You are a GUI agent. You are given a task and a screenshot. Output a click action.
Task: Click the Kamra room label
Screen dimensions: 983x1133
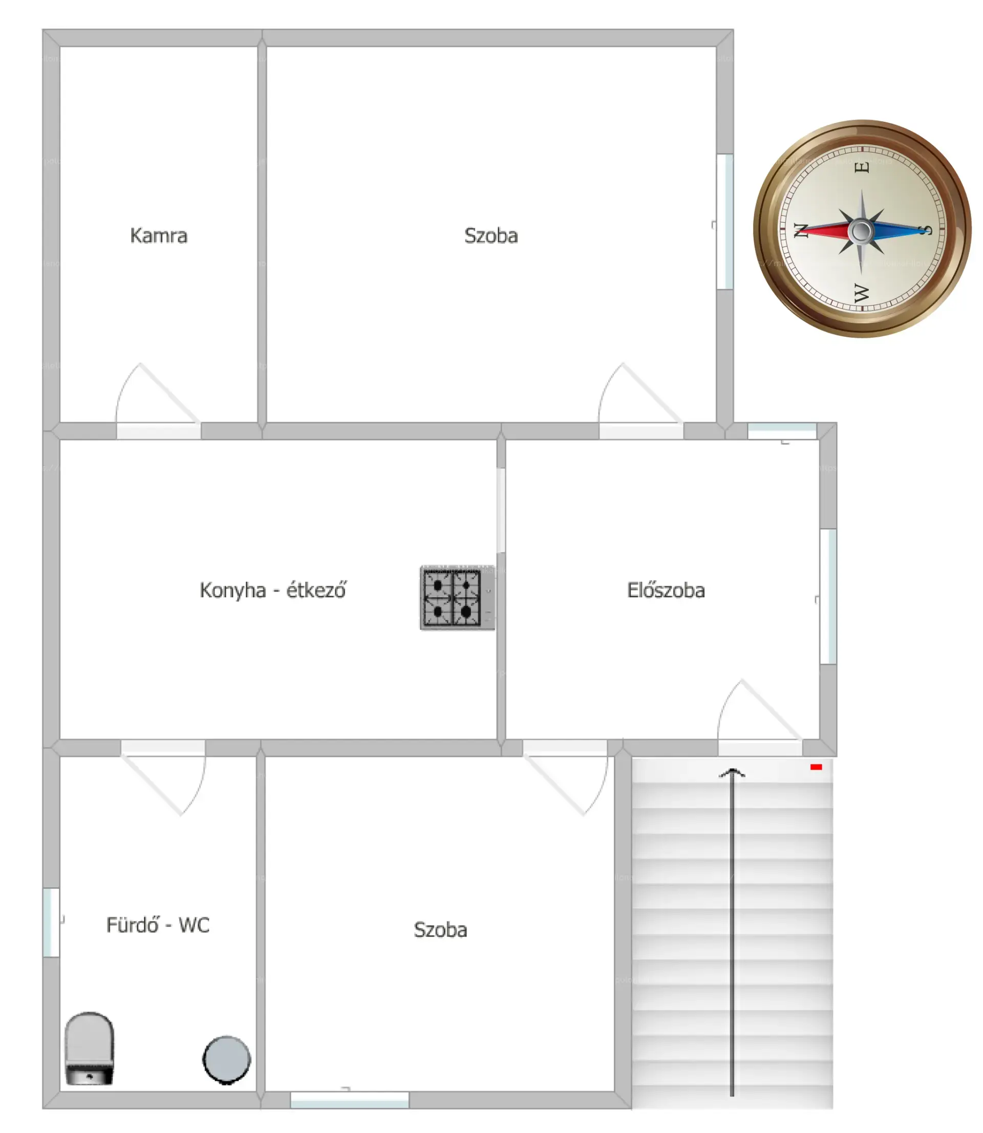click(x=159, y=236)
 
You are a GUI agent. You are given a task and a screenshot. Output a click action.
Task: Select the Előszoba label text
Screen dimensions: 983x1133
click(x=666, y=590)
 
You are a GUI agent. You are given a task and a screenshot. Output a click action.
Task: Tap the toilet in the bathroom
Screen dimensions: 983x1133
click(x=90, y=1048)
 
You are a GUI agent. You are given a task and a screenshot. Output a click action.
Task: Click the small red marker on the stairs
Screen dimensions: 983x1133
click(x=816, y=767)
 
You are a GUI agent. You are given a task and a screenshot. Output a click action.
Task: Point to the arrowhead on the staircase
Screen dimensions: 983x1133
click(x=732, y=773)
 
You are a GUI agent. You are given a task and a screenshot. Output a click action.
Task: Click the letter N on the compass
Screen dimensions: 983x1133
click(x=801, y=230)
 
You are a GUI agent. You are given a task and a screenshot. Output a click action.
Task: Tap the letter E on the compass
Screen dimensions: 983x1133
click(x=862, y=167)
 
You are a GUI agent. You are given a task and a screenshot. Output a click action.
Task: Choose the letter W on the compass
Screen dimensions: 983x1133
click(x=862, y=293)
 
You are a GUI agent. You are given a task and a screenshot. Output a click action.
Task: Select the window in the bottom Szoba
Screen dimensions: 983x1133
click(x=349, y=1100)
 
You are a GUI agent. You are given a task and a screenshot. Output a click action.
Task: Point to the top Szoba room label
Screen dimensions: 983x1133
click(x=491, y=236)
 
